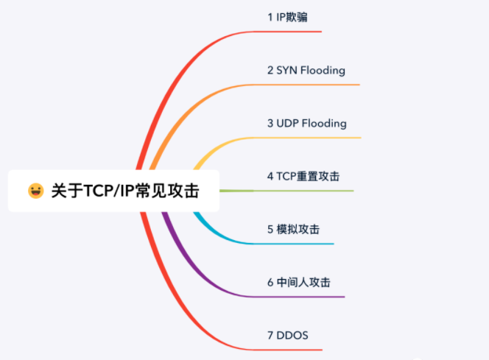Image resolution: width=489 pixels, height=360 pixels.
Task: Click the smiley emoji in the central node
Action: (35, 191)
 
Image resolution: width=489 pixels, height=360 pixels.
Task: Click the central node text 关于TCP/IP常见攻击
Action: (124, 191)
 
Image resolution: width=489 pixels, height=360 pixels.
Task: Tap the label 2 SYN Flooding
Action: (306, 70)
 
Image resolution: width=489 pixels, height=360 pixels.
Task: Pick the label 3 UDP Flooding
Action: (306, 123)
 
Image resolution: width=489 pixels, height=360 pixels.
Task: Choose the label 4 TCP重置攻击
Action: (303, 176)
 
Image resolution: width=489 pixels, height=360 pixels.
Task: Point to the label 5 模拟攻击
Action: (293, 229)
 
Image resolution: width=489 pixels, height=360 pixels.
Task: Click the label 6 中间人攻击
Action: (298, 282)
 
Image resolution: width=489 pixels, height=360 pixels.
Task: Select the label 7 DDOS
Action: (287, 335)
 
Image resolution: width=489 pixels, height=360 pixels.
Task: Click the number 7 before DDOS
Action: (270, 335)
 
